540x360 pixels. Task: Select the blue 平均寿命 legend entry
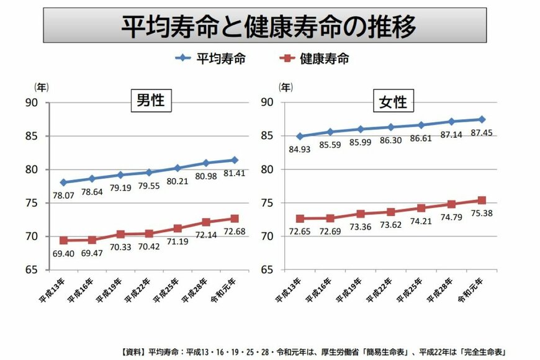point(211,59)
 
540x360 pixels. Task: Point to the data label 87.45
point(482,132)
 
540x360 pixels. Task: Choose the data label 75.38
point(482,213)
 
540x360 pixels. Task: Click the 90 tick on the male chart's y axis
point(31,103)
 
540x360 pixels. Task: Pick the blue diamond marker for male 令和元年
point(235,160)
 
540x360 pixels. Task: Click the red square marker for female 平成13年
point(299,218)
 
